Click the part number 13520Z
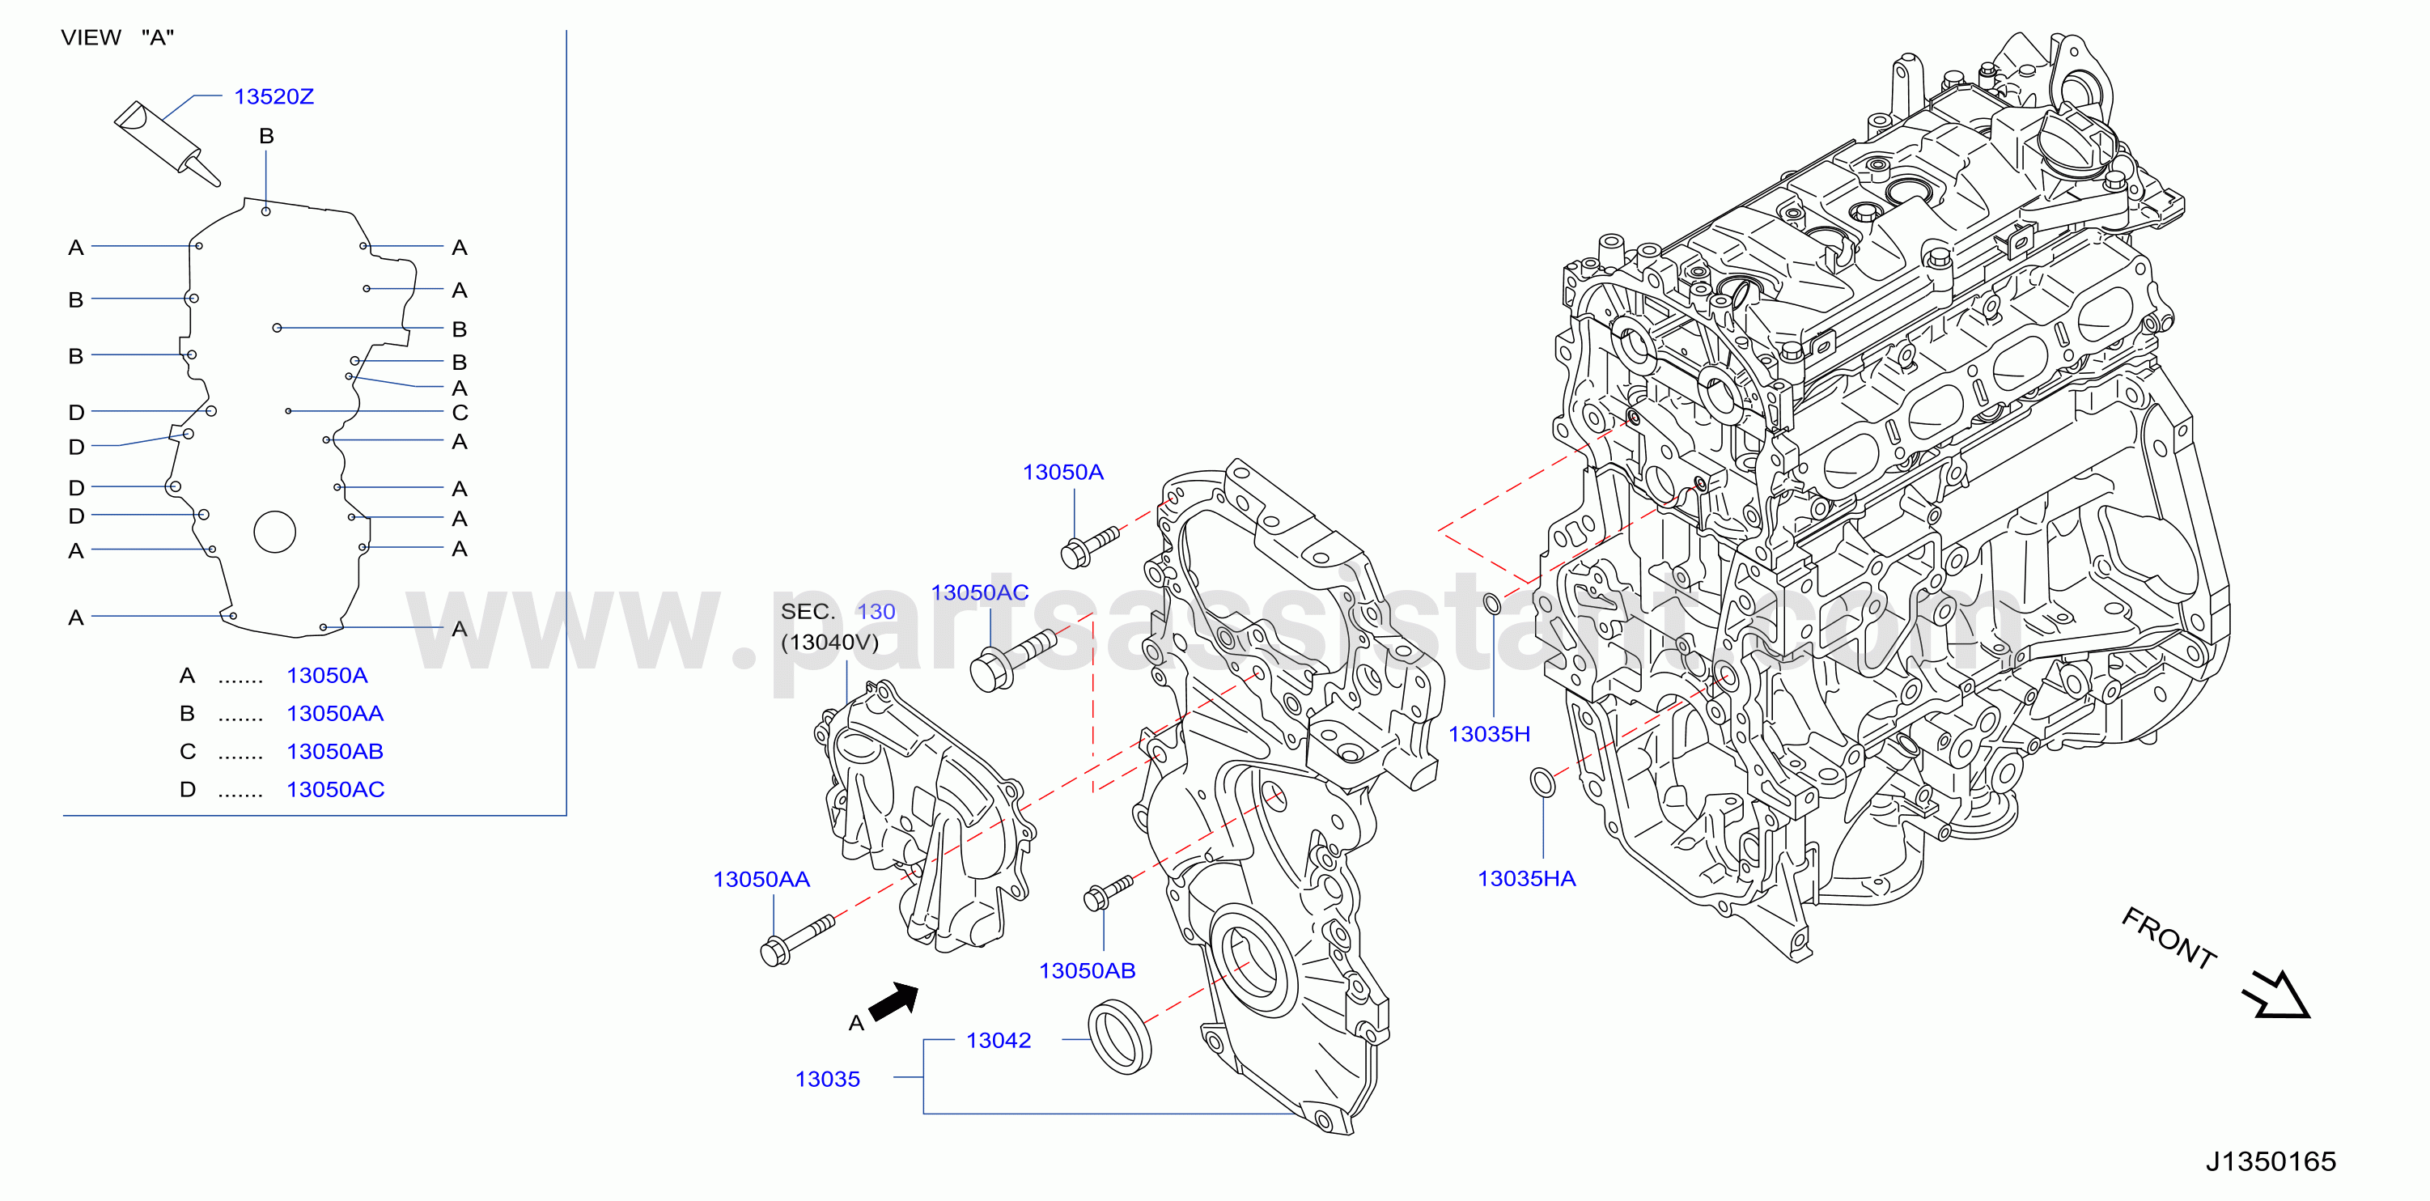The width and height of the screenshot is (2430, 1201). (x=274, y=96)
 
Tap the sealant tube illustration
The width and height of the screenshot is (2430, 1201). (x=167, y=143)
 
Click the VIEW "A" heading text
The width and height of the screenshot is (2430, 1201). (x=118, y=38)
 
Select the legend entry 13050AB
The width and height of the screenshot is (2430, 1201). (x=335, y=751)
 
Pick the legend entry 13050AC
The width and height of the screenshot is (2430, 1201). (x=336, y=789)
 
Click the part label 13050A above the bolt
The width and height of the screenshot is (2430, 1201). (x=1063, y=472)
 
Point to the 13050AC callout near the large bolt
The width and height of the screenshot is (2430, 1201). (x=980, y=592)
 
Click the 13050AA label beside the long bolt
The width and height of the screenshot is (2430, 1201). (x=761, y=879)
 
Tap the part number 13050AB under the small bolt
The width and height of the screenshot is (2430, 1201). (x=1088, y=971)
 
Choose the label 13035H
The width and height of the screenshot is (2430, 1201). (x=1490, y=734)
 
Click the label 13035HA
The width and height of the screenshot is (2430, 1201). (x=1526, y=878)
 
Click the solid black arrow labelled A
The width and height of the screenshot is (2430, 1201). (x=894, y=1001)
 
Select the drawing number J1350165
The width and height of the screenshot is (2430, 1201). (x=2271, y=1161)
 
